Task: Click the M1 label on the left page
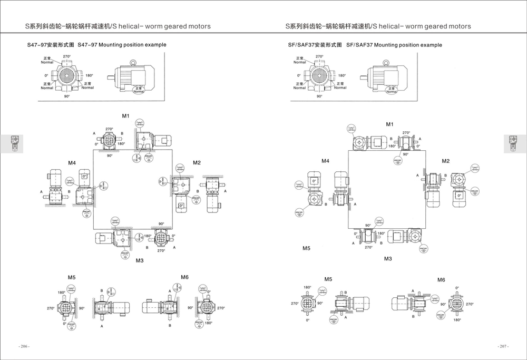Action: point(126,115)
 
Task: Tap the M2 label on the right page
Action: point(446,161)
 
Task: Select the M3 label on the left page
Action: point(140,260)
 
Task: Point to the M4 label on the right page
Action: point(326,160)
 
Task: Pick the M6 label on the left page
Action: point(184,277)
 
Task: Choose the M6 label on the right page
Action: point(441,279)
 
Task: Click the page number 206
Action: point(24,346)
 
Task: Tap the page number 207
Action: point(503,346)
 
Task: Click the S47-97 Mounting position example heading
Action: point(96,45)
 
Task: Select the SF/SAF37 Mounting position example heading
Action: point(365,45)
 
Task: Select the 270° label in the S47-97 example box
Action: point(67,56)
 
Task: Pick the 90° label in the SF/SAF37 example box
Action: point(319,97)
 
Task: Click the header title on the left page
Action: point(118,26)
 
